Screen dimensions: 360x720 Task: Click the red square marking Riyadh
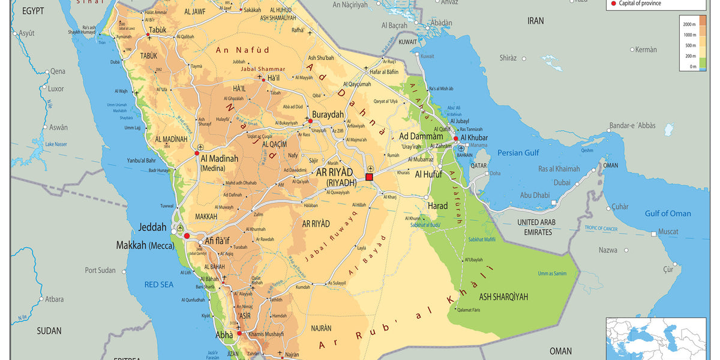point(369,177)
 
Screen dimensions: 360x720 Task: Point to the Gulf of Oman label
point(668,214)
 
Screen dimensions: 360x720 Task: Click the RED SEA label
point(159,284)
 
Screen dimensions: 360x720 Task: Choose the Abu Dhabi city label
point(535,195)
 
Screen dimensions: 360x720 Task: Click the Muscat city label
point(668,232)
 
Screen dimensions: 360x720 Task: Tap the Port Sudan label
point(100,271)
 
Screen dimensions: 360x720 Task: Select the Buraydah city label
point(328,113)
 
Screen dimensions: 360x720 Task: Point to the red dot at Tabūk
point(148,35)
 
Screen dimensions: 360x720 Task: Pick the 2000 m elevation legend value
point(689,23)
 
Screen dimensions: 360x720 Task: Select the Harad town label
point(437,206)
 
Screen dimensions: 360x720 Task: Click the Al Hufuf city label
point(428,175)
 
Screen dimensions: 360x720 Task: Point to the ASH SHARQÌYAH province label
point(503,296)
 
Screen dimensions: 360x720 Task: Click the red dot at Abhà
point(239,333)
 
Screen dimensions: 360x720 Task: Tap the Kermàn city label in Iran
point(646,50)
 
